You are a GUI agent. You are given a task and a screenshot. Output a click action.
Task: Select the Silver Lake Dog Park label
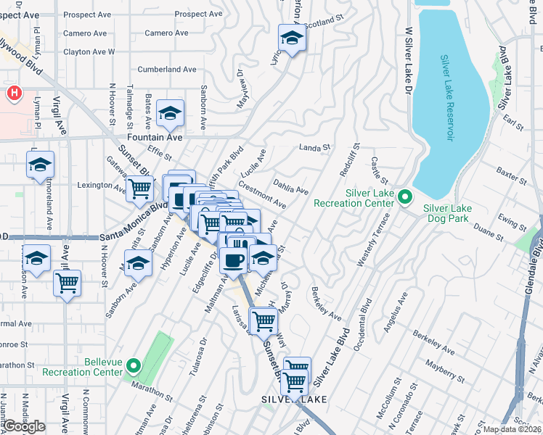447,214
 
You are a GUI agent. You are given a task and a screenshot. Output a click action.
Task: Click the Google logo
23,426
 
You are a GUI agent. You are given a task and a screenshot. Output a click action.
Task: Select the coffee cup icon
233,260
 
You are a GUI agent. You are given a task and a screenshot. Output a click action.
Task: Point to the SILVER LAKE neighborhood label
294,399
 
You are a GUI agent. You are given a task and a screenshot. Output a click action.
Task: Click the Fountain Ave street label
155,136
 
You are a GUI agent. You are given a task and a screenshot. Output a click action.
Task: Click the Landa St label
314,147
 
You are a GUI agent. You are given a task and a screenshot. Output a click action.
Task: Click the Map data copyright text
513,429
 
